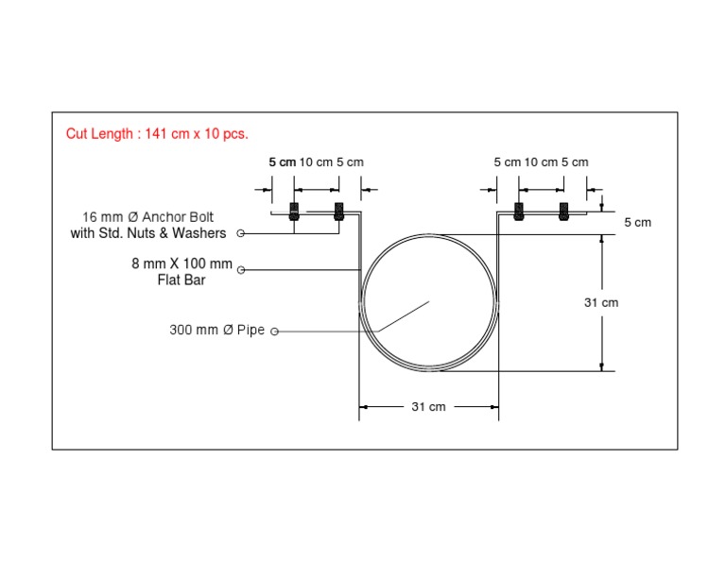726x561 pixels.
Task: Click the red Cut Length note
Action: (x=157, y=134)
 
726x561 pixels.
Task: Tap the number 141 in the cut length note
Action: (x=157, y=134)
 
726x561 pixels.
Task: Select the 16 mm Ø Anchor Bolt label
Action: (x=154, y=217)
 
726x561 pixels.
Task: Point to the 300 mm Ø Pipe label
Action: (x=217, y=331)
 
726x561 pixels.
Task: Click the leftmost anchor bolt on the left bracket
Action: (x=294, y=212)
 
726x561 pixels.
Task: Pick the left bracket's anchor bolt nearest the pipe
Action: (x=338, y=212)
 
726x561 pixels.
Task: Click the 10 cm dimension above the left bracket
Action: (x=316, y=162)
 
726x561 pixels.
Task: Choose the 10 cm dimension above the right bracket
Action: (x=541, y=162)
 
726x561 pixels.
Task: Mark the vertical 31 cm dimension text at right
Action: (x=601, y=302)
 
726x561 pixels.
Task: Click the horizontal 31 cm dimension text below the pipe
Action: (x=428, y=407)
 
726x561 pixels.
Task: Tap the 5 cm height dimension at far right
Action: (x=637, y=223)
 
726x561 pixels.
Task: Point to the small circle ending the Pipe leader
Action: (x=275, y=331)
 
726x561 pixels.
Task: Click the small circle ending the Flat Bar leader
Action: (x=241, y=271)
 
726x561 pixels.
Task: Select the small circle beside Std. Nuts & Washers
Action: (x=241, y=233)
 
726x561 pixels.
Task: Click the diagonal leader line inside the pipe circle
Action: (x=402, y=315)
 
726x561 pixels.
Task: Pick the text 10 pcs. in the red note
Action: (x=228, y=134)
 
